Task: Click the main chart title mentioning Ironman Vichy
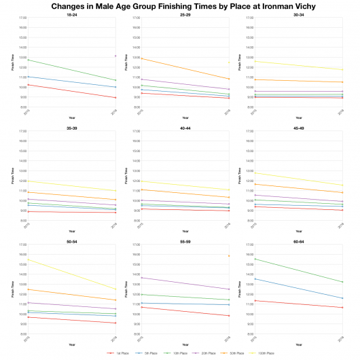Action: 180,6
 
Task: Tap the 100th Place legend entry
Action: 264,353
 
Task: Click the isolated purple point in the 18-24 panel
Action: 115,56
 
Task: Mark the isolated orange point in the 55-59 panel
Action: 229,255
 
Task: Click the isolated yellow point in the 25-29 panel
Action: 229,62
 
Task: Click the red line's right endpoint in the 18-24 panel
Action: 115,98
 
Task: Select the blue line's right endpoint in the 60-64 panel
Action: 342,298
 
